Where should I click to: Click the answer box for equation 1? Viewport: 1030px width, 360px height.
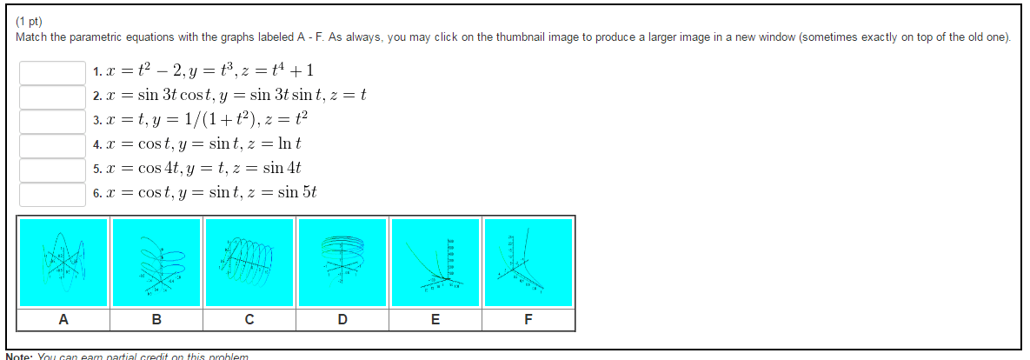coord(52,72)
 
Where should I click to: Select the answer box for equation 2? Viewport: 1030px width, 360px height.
coord(52,97)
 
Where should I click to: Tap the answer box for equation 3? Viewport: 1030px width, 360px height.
coord(52,121)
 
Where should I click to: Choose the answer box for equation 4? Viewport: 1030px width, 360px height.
coord(52,145)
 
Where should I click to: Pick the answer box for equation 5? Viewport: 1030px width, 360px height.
coord(52,170)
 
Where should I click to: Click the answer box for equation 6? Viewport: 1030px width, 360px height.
coord(52,194)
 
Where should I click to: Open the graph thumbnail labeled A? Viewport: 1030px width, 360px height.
coord(63,262)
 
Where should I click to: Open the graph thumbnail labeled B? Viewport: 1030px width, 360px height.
coord(156,262)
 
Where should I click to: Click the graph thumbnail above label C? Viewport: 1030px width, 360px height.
coord(249,262)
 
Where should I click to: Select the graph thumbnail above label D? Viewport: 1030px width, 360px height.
coord(342,262)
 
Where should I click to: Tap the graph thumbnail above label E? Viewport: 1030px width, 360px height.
coord(435,262)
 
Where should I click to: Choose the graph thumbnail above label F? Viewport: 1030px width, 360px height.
coord(528,262)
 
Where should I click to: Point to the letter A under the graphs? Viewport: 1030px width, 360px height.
coord(63,320)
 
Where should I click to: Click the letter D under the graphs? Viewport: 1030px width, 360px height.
coord(342,320)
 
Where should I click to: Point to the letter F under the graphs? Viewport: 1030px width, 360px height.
coord(528,320)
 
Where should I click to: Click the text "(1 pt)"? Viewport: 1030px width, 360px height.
coord(30,22)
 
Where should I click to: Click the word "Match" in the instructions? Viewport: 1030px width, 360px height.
coord(31,37)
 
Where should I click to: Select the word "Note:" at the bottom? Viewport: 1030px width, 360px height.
coord(19,357)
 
